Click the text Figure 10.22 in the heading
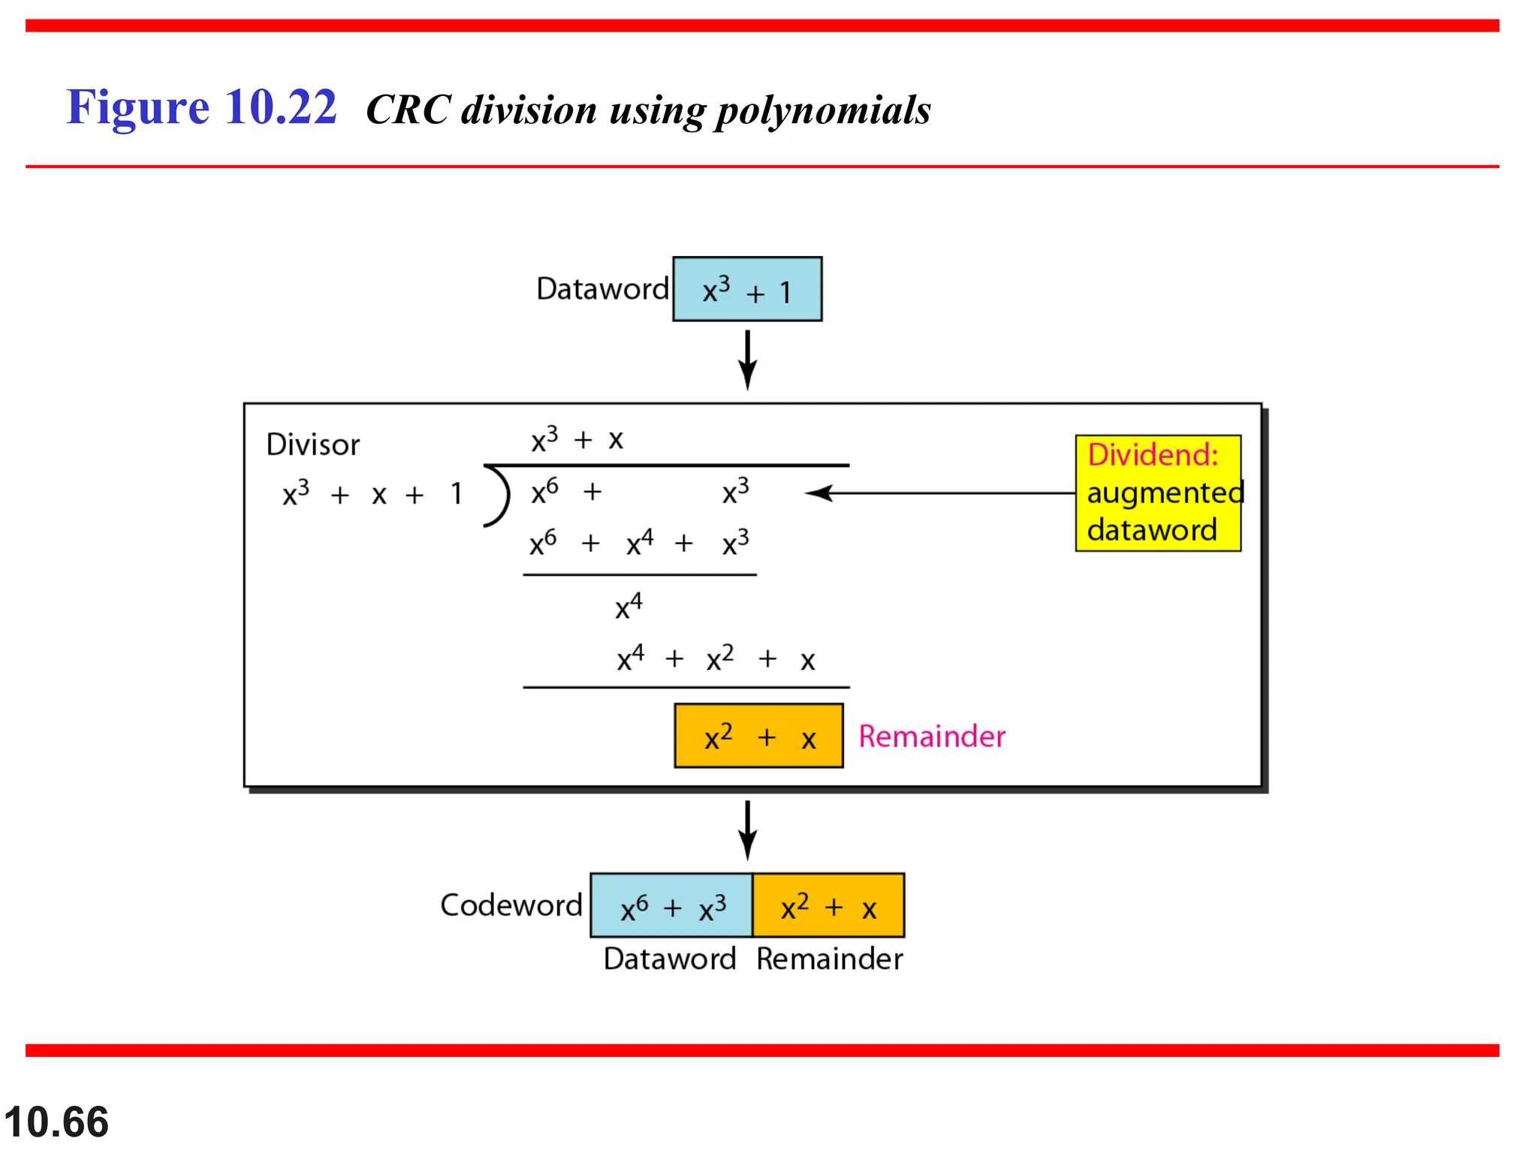201,107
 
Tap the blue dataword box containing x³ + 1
746,290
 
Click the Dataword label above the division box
602,289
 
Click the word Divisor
313,444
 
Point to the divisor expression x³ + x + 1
372,494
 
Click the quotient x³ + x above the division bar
577,439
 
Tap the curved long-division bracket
498,495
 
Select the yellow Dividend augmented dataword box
1157,493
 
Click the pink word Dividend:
1153,455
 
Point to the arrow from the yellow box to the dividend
939,493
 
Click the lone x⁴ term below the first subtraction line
629,606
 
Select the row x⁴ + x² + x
716,659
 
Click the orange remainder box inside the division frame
758,736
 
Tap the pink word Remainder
931,736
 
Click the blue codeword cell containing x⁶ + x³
671,906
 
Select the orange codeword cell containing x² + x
828,906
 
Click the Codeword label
511,905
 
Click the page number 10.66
56,1121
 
